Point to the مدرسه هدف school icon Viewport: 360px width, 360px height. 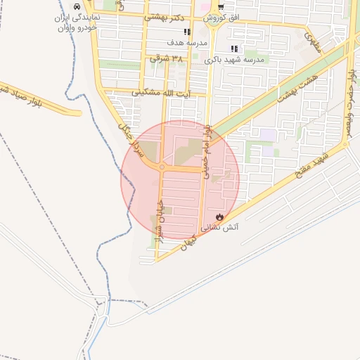coord(187,32)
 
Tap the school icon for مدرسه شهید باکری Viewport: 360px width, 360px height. coord(235,49)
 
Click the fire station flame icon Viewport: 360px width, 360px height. coord(220,217)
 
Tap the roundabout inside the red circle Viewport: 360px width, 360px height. coord(162,167)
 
